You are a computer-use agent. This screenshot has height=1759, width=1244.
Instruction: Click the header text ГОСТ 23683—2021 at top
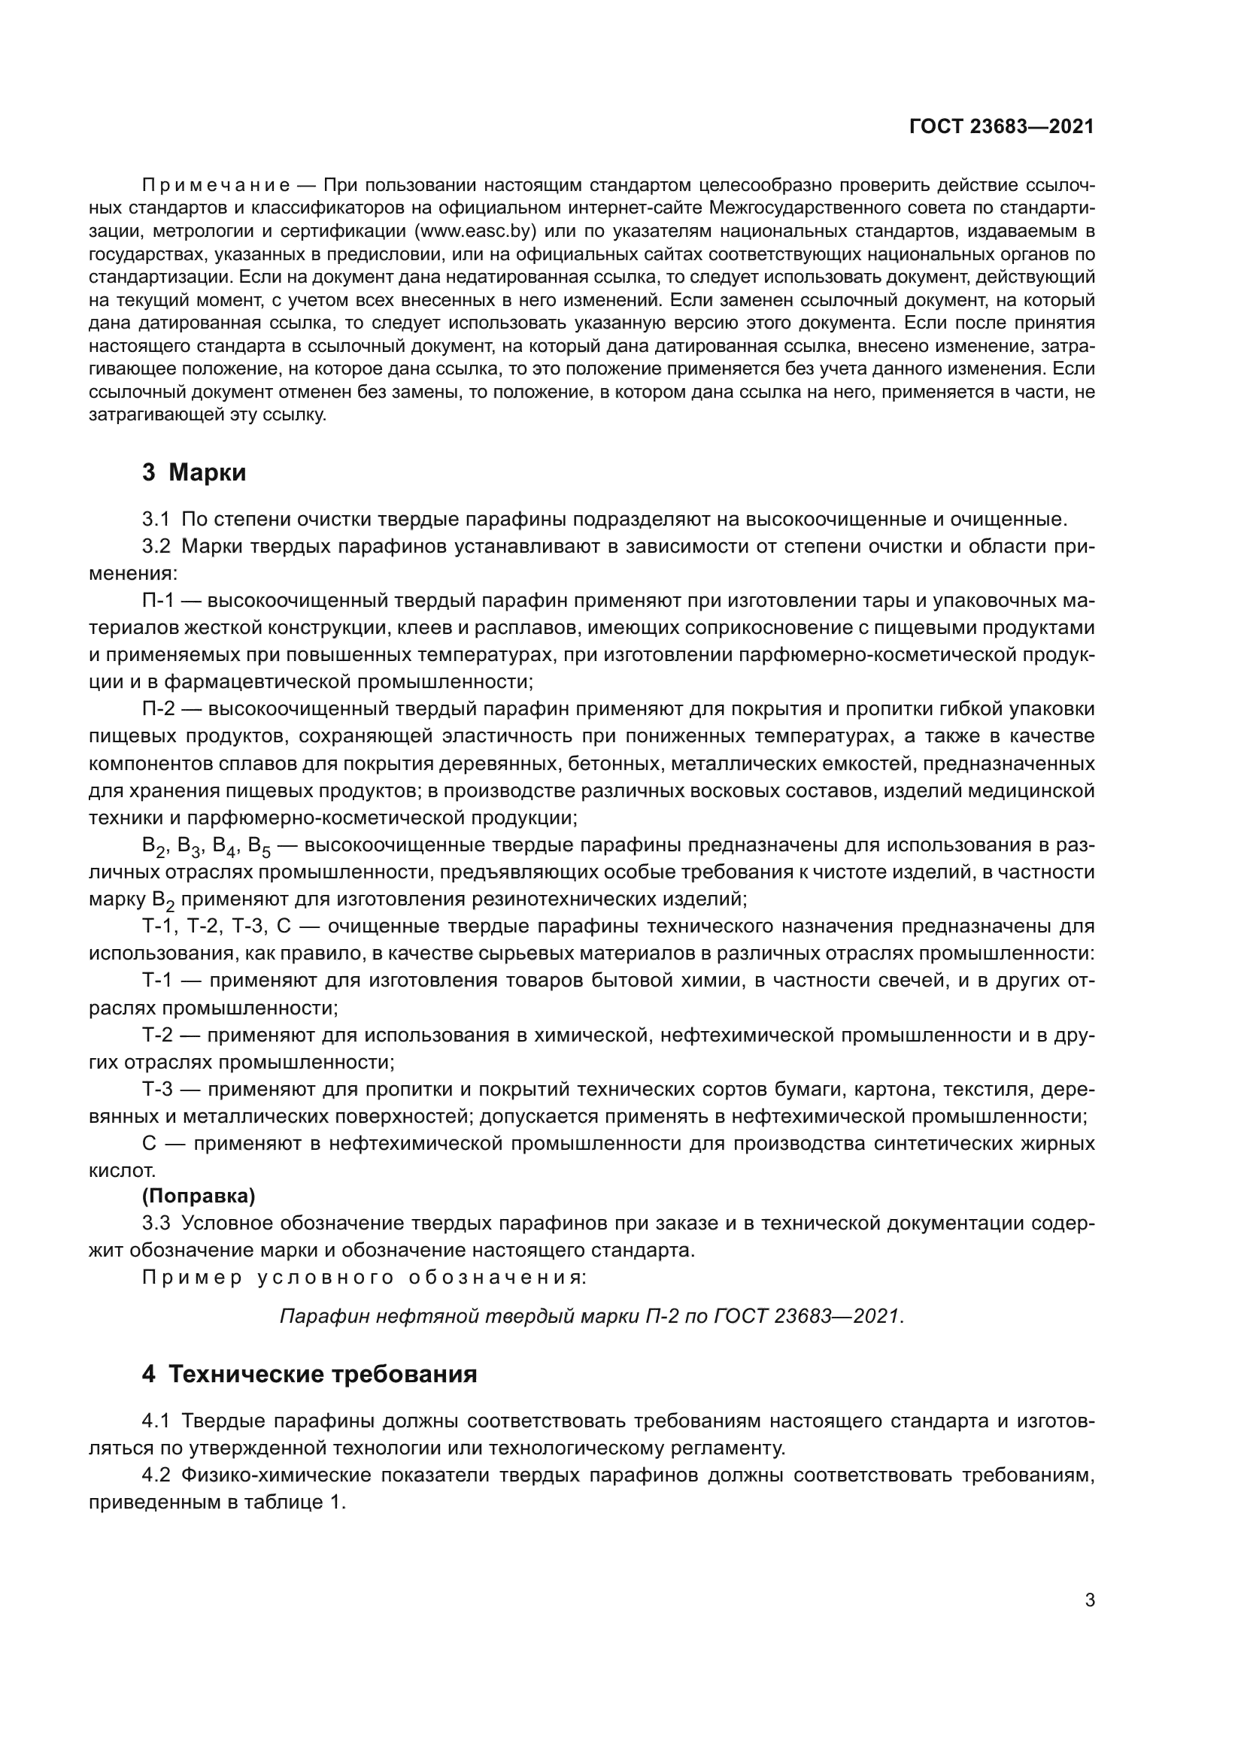pos(1001,126)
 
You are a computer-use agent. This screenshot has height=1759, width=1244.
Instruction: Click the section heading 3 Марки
pos(194,473)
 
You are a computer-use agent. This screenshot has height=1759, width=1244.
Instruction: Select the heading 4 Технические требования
pos(308,1374)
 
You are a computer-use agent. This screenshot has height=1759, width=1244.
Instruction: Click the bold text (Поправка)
pos(199,1195)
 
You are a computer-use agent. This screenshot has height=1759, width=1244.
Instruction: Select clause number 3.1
pos(156,520)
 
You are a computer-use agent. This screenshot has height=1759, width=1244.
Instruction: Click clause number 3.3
pos(156,1223)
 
